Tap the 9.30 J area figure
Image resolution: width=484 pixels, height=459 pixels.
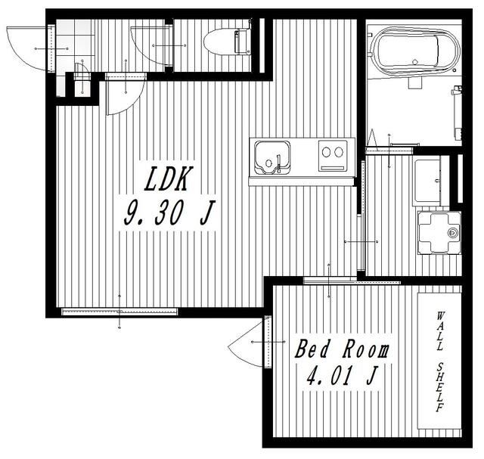(169, 212)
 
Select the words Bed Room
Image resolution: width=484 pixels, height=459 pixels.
(342, 349)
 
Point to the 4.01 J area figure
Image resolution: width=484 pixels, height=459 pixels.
(342, 375)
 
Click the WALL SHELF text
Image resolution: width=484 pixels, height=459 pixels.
(440, 361)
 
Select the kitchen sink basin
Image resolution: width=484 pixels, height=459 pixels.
(272, 157)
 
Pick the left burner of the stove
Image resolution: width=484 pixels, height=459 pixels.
(326, 152)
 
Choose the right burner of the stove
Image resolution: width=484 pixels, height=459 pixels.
(339, 152)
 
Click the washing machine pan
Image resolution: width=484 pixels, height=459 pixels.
(439, 233)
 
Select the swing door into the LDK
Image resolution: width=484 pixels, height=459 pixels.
(126, 94)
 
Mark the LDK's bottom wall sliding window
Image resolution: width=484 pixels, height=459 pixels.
(119, 312)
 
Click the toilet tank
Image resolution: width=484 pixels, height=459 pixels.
(242, 41)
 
